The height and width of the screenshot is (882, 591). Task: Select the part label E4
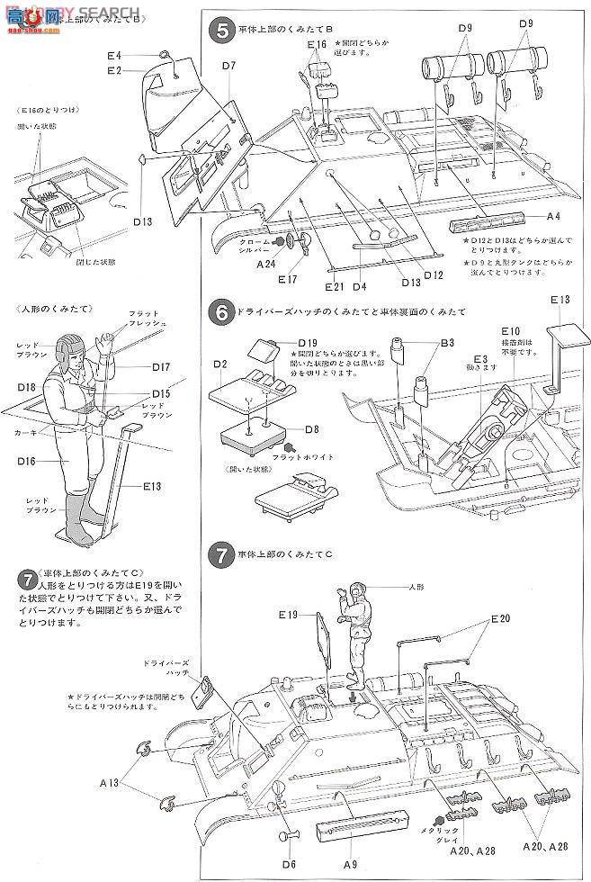[x=113, y=56]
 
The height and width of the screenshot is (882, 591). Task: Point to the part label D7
[x=227, y=66]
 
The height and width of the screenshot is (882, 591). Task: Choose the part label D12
[x=434, y=274]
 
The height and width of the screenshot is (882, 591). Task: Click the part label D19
[x=309, y=342]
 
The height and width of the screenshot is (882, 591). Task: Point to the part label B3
[x=447, y=343]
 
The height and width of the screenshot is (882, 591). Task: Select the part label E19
[x=287, y=615]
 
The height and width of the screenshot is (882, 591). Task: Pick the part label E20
[x=500, y=618]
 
